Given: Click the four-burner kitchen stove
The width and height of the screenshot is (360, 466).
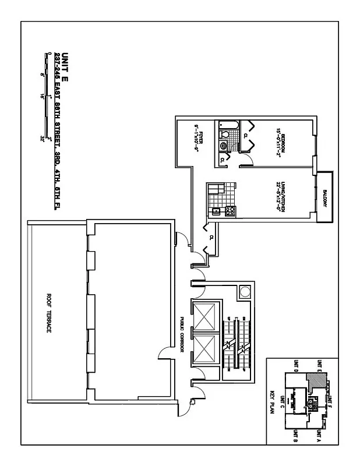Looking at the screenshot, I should click(229, 211).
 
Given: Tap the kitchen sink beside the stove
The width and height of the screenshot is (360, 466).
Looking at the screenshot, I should click(216, 211).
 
